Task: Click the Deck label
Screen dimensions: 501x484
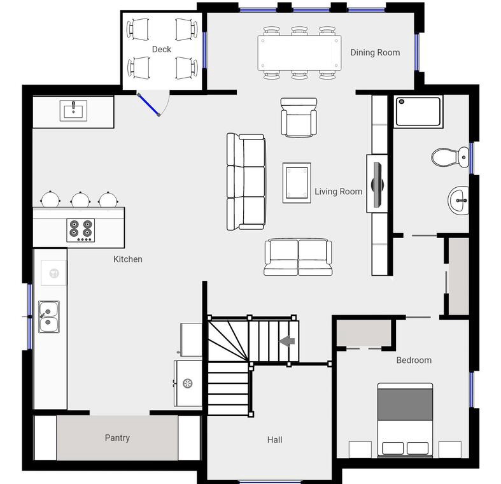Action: (161, 49)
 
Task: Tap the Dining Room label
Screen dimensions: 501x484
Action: (375, 52)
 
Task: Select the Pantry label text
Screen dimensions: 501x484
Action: (117, 438)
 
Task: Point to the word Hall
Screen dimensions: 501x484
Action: (275, 440)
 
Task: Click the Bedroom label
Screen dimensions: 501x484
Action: (414, 360)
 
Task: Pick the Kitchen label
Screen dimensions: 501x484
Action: (128, 259)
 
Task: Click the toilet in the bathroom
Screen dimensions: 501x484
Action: (450, 157)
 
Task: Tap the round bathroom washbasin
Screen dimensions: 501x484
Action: (458, 201)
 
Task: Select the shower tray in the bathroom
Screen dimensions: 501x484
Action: (418, 111)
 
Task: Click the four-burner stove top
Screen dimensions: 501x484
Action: (80, 230)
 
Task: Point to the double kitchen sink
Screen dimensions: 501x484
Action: (49, 317)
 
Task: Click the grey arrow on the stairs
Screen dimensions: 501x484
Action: (287, 341)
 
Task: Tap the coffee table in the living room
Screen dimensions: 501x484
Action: (297, 183)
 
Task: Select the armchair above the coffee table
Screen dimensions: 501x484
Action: (299, 118)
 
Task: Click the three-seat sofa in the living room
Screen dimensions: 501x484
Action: (246, 182)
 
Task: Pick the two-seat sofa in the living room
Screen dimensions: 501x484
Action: (298, 257)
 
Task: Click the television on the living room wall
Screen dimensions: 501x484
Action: (378, 184)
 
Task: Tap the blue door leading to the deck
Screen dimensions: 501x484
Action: (148, 104)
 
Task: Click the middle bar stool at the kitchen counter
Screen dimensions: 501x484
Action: (80, 199)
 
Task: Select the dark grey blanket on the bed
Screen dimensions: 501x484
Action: (405, 404)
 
